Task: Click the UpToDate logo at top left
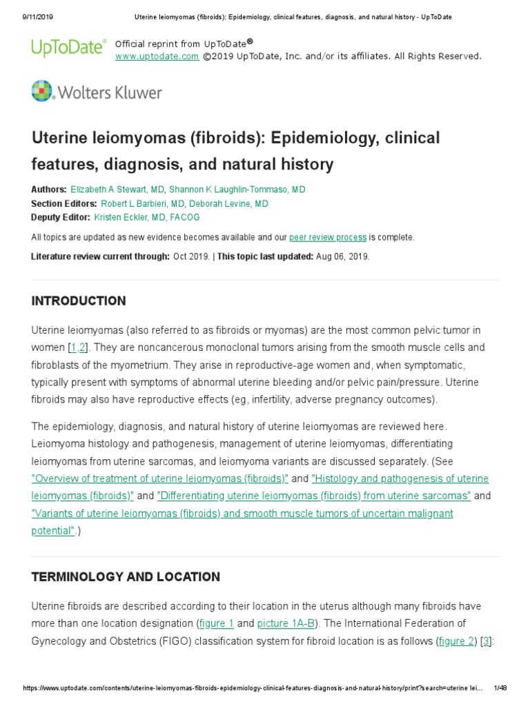click(68, 48)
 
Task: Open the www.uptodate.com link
click(157, 57)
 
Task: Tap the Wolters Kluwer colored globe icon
click(42, 91)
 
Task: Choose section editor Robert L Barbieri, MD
click(143, 204)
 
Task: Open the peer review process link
click(328, 237)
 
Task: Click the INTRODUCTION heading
click(79, 301)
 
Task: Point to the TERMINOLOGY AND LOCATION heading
click(126, 577)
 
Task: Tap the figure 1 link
click(216, 624)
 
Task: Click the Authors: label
click(49, 190)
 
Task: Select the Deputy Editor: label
click(61, 217)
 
